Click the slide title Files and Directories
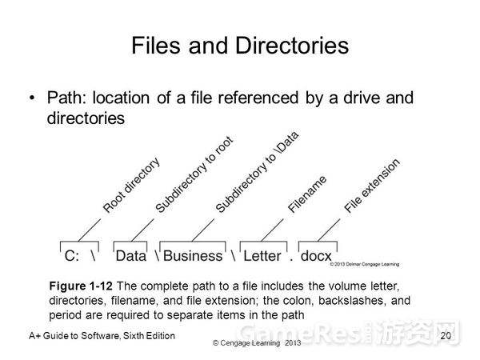click(x=239, y=45)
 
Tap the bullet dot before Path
click(x=32, y=98)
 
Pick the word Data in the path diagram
click(x=130, y=256)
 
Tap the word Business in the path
click(x=192, y=256)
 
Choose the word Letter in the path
click(x=262, y=256)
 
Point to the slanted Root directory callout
click(x=132, y=185)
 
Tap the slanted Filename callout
click(x=308, y=194)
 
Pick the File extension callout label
click(x=372, y=185)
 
